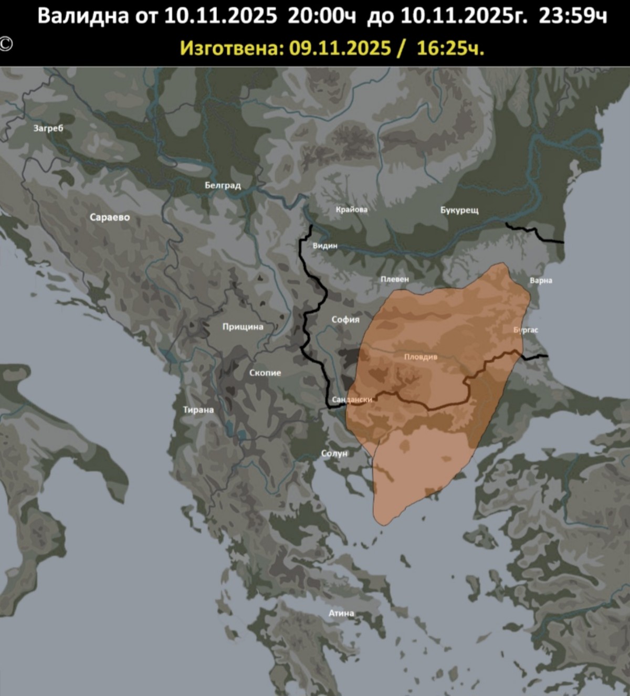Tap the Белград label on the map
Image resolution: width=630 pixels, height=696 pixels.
point(223,185)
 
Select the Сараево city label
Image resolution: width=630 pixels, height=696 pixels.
point(110,217)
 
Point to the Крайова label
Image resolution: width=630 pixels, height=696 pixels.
point(352,209)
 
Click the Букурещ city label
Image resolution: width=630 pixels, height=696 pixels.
point(459,210)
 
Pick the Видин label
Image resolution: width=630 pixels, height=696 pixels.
point(325,246)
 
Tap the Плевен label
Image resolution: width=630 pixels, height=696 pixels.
point(395,279)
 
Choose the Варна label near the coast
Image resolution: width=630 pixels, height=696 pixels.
point(541,280)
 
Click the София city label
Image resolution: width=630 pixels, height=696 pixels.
point(345,319)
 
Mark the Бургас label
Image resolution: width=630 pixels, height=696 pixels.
point(526,330)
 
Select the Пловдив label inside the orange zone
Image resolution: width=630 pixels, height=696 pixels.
point(421,357)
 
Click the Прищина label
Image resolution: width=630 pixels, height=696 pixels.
point(243,326)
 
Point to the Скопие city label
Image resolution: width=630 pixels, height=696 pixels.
point(265,373)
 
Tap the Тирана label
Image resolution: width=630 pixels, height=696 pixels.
point(198,410)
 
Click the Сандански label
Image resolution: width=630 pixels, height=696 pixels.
point(352,399)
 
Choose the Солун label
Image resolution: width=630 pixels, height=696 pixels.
point(334,453)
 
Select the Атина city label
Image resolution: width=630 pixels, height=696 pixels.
point(341,613)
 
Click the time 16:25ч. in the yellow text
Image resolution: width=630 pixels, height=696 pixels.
point(450,48)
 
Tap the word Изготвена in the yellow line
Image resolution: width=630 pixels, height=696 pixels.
point(232,48)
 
